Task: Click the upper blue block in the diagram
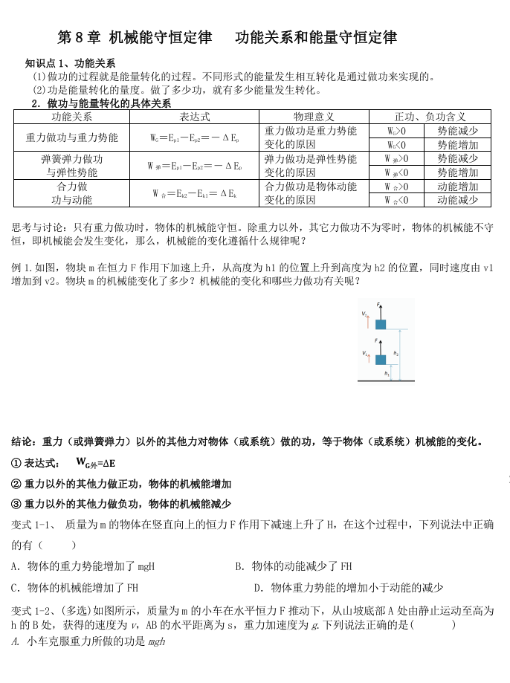pos(380,324)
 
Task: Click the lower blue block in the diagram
pos(380,360)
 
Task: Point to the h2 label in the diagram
pos(396,353)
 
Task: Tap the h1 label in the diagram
pos(387,374)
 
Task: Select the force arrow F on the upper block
pos(380,311)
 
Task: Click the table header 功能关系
pos(71,117)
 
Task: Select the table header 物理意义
pos(314,117)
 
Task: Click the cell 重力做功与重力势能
pos(71,137)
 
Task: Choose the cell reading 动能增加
pos(457,187)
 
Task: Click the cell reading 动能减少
pos(457,200)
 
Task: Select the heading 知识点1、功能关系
pos(70,64)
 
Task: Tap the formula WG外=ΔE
pos(95,463)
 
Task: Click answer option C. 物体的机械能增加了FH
pos(75,587)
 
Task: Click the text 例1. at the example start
pos(22,268)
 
